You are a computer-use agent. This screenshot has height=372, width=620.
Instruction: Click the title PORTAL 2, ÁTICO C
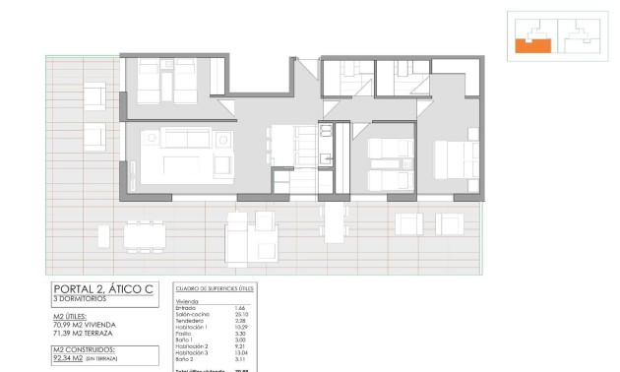102,289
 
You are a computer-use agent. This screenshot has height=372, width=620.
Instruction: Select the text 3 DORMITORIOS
81,301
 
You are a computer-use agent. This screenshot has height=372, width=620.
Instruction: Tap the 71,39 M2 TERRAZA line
87,333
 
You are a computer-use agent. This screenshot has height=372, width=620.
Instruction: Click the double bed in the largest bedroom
456,159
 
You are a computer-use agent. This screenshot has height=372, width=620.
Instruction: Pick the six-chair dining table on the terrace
147,235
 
